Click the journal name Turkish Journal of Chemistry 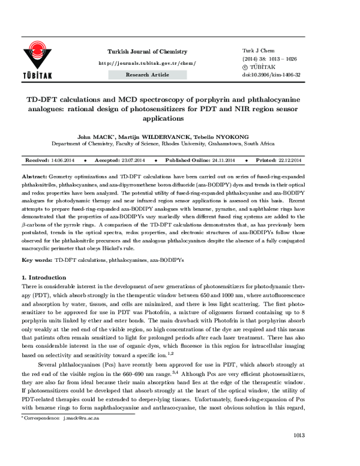tap(146, 52)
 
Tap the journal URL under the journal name tap(146, 63)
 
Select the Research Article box tap(147, 75)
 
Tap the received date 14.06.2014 tap(64, 162)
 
